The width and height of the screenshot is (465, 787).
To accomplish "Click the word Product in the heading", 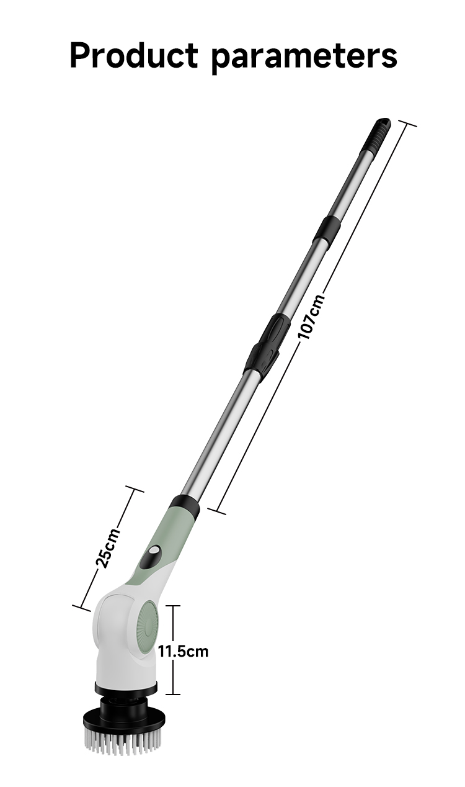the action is [x=134, y=55].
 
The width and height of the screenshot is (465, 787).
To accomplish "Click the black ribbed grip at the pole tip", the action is [x=376, y=136].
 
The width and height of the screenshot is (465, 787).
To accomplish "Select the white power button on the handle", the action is [x=153, y=551].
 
